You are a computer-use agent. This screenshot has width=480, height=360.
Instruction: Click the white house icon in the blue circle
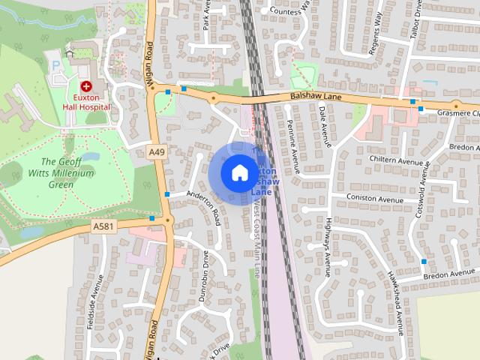(238, 173)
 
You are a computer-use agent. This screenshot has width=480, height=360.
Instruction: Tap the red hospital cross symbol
(86, 87)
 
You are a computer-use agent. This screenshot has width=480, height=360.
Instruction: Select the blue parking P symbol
(55, 65)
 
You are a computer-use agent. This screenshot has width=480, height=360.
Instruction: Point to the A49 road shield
(156, 152)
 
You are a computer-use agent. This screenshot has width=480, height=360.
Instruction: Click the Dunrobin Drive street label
(205, 275)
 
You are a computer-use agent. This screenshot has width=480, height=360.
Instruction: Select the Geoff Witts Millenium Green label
(67, 173)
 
